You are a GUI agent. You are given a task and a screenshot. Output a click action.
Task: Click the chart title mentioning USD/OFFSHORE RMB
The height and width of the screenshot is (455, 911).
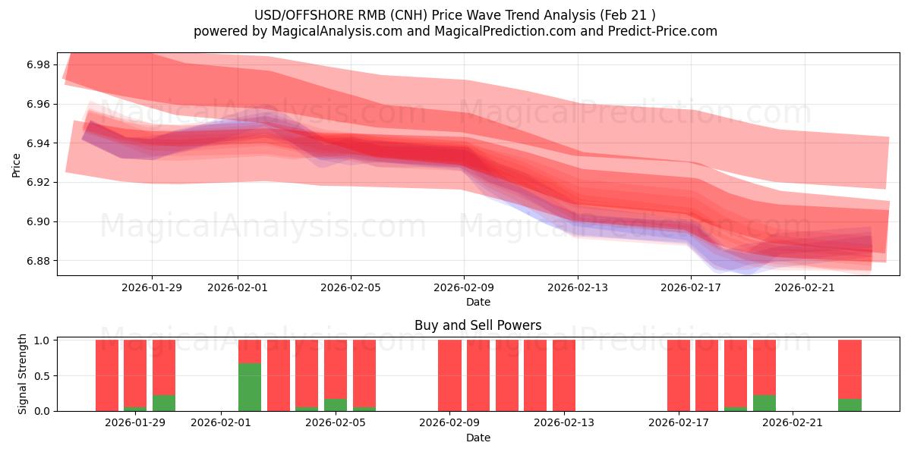(455, 14)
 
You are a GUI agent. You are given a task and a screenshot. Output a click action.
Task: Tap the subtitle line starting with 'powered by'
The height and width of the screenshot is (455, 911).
(455, 31)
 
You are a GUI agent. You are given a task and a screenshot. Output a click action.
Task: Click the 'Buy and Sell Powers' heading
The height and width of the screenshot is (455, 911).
(478, 325)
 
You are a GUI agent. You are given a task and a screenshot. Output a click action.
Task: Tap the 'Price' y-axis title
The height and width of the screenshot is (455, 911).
(17, 165)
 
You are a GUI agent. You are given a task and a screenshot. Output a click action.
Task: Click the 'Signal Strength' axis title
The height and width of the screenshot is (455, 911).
(23, 374)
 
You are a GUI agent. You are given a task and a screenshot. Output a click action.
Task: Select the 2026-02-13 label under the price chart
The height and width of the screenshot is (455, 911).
(578, 287)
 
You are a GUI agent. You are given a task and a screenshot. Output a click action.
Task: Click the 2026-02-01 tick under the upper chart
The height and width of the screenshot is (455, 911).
(238, 287)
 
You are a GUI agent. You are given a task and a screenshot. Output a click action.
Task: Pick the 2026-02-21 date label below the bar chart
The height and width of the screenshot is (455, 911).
(793, 423)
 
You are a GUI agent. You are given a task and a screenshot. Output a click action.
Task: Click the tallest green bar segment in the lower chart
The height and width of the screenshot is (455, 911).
(250, 387)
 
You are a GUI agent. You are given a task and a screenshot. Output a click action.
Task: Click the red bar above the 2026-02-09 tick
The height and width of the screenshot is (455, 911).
(449, 375)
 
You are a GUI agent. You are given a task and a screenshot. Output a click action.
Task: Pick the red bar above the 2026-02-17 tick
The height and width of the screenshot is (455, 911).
(679, 375)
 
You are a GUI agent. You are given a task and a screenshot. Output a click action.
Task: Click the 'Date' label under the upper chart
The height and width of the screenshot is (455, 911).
(478, 302)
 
